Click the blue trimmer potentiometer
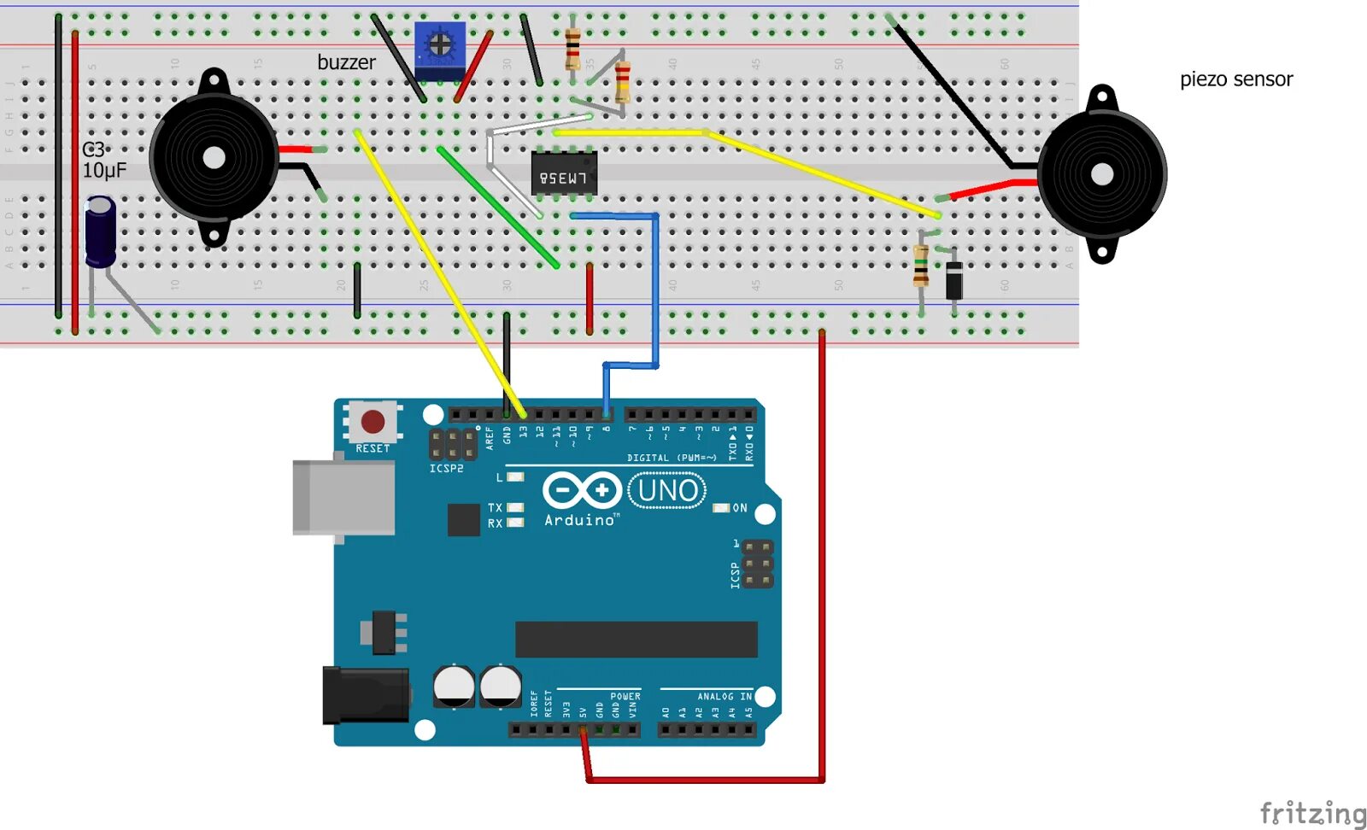pyautogui.click(x=439, y=50)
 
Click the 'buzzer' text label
pyautogui.click(x=346, y=62)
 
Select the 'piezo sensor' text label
pyautogui.click(x=1235, y=79)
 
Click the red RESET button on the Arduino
pyautogui.click(x=373, y=421)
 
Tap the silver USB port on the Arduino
pyautogui.click(x=343, y=497)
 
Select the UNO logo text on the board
pyautogui.click(x=667, y=491)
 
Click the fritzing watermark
pyautogui.click(x=1312, y=812)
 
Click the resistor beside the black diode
pyautogui.click(x=921, y=266)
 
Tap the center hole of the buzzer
pyautogui.click(x=214, y=158)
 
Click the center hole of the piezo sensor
pyautogui.click(x=1102, y=175)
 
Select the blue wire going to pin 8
pyautogui.click(x=655, y=290)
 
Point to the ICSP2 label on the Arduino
pyautogui.click(x=446, y=469)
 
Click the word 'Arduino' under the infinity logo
pyautogui.click(x=579, y=520)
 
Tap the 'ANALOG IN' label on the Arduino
pyautogui.click(x=724, y=697)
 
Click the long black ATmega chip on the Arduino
pyautogui.click(x=636, y=640)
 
